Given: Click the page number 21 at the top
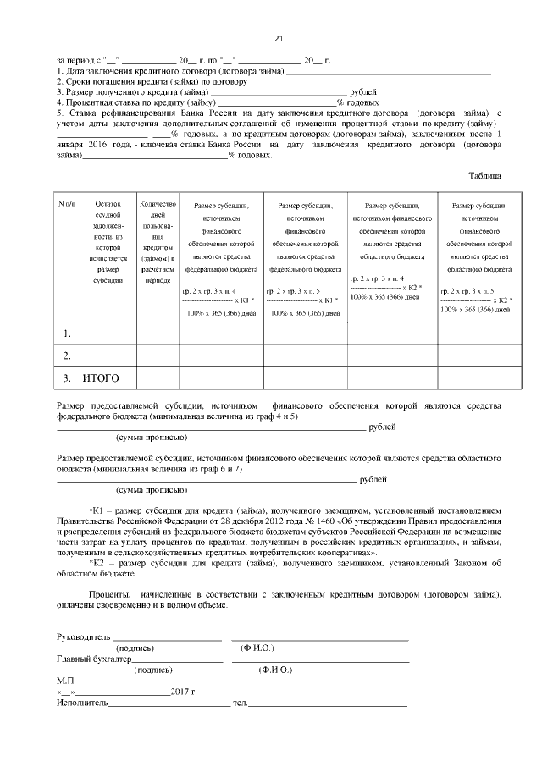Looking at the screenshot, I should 279,38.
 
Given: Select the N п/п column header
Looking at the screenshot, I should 67,205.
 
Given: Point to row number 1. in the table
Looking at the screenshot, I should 67,334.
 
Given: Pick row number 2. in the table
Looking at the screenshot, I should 67,355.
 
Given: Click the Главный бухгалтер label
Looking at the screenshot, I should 94,658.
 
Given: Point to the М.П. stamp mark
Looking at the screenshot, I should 66,680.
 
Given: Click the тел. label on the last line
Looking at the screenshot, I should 240,703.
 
